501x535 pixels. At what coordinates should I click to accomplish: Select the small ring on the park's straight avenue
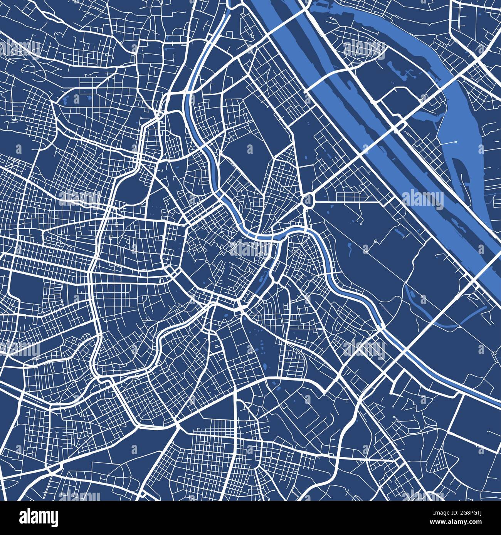[x=376, y=241]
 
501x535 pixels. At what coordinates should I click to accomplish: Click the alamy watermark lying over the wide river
[x=422, y=199]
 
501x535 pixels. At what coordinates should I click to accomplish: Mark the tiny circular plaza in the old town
[x=207, y=262]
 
